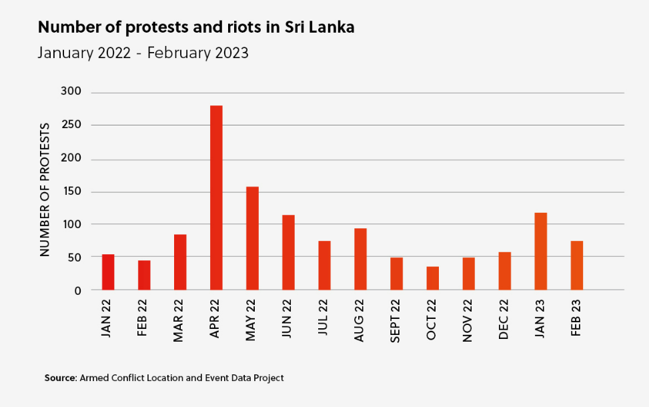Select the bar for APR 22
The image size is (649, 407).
pyautogui.click(x=216, y=197)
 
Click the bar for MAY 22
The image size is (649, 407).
pyautogui.click(x=252, y=238)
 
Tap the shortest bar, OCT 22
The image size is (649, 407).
pyautogui.click(x=432, y=278)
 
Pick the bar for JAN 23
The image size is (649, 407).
pyautogui.click(x=540, y=251)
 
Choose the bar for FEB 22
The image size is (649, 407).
pyautogui.click(x=144, y=275)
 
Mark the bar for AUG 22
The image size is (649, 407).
pyautogui.click(x=360, y=259)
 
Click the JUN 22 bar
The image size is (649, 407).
pyautogui.click(x=288, y=252)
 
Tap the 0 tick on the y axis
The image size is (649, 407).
pyautogui.click(x=77, y=290)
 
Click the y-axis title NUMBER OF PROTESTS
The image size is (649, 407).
pyautogui.click(x=45, y=189)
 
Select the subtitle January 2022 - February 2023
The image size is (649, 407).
pyautogui.click(x=143, y=53)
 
